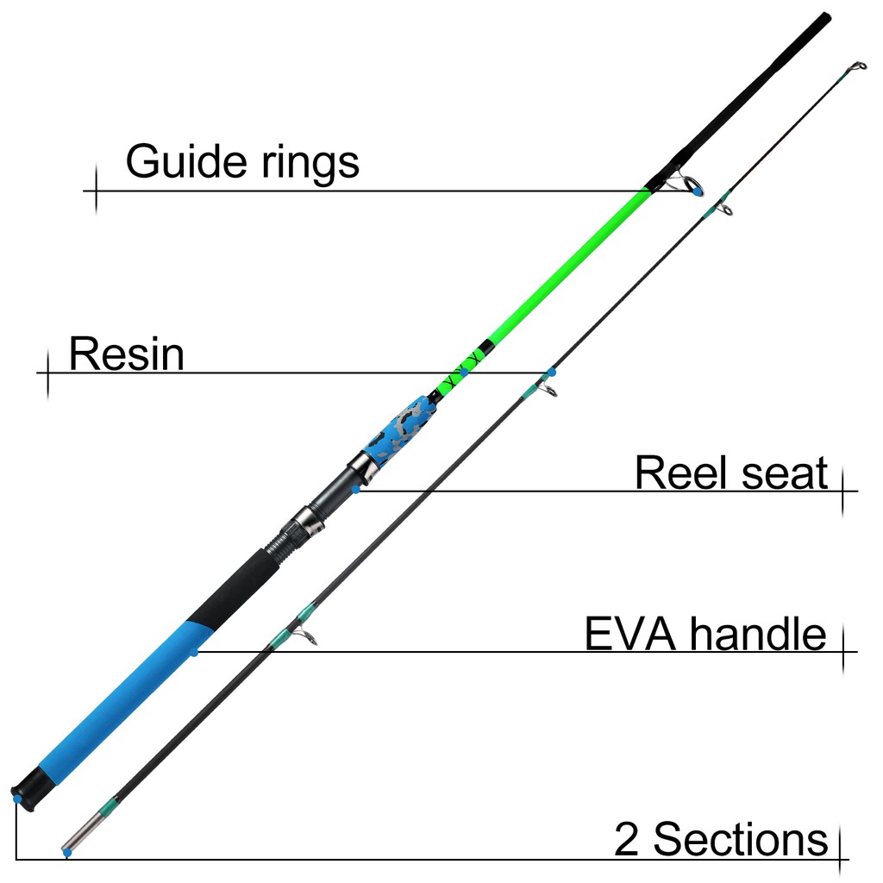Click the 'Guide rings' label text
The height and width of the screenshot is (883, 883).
(242, 161)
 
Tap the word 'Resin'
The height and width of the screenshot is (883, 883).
(126, 354)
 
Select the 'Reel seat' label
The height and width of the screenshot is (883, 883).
(730, 473)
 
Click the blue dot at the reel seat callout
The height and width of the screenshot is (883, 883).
(356, 490)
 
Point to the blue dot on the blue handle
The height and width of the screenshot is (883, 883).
(194, 653)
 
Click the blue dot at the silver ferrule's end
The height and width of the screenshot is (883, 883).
(66, 853)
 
